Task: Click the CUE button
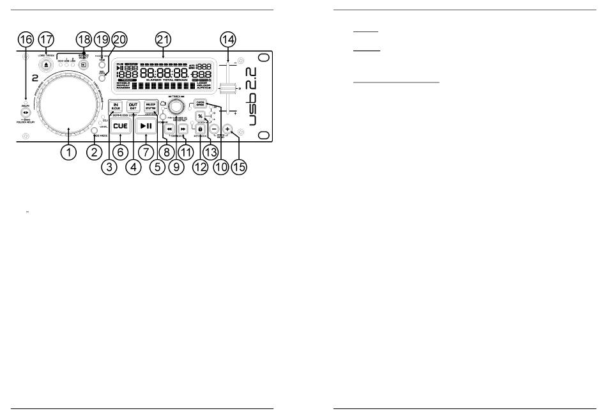point(120,127)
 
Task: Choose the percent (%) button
point(200,116)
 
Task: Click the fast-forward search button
point(183,128)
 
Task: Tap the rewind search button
point(169,128)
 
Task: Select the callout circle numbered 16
point(26,39)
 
